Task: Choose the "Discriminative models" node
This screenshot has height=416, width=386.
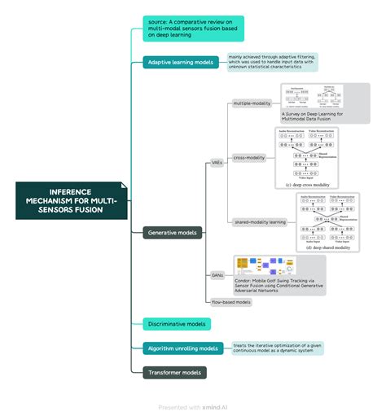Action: click(177, 324)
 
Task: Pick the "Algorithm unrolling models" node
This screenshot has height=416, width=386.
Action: click(183, 348)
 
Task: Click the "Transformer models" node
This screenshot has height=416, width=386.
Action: click(174, 373)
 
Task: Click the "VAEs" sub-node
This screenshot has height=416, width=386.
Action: click(217, 162)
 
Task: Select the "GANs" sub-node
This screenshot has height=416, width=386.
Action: click(217, 275)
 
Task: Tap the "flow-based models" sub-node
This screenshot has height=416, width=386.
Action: click(230, 301)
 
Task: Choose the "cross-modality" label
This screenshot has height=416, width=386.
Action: click(249, 157)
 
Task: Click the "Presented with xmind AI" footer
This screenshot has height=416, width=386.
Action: click(193, 406)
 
